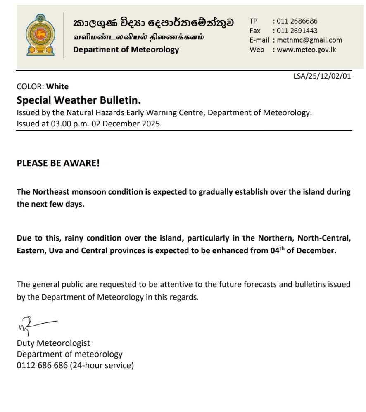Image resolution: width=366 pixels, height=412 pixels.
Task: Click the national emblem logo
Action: point(40,35)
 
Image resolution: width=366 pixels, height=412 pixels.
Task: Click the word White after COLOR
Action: point(57,87)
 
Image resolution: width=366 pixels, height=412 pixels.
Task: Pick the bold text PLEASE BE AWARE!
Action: point(58,163)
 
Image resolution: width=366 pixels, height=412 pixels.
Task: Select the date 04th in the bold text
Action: point(275,250)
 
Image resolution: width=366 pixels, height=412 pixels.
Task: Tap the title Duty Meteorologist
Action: point(53,343)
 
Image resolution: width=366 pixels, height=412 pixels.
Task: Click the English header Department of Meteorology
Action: point(126,50)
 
